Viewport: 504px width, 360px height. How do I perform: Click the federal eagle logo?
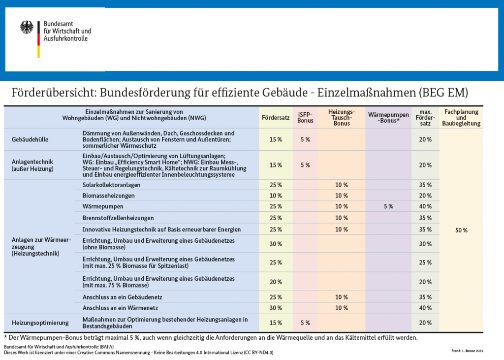coord(27,27)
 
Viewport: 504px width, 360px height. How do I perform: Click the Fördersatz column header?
coord(275,118)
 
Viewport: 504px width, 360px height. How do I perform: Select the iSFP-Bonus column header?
coord(305,118)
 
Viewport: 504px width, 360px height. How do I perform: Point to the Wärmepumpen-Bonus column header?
coord(388,118)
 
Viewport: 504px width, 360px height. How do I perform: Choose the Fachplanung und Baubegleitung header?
coord(461,118)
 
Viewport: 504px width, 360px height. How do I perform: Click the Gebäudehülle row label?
coord(30,139)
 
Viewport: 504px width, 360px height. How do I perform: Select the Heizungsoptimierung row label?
coord(39,323)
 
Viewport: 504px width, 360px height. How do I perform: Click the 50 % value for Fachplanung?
coord(461,230)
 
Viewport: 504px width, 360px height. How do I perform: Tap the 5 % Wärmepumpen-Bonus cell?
coord(388,206)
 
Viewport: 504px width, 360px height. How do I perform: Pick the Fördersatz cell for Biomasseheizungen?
coord(275,196)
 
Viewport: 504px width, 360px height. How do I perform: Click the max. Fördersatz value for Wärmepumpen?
coord(425,206)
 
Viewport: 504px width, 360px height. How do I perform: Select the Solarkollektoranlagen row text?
coord(111,185)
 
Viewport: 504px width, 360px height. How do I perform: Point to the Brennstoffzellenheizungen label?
coord(118,218)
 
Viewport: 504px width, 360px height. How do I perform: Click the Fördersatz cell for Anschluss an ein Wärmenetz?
coord(275,308)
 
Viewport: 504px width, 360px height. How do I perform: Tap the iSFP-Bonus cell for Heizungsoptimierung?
coord(305,323)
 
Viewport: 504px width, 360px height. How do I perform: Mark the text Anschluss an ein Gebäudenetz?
coord(122,297)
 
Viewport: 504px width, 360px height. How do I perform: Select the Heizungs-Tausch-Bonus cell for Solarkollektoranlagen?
coord(342,185)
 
